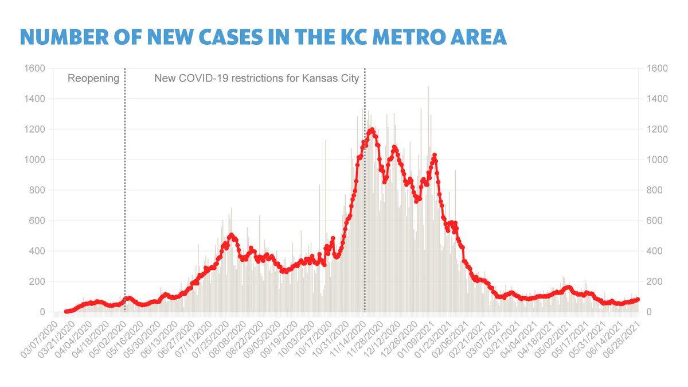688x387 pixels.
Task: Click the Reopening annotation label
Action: [93, 79]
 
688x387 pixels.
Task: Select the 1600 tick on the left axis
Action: [34, 68]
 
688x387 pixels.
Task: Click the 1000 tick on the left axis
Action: [34, 160]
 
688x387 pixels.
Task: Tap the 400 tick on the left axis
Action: [37, 251]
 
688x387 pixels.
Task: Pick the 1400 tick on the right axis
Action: [657, 99]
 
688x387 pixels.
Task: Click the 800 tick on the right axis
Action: [655, 190]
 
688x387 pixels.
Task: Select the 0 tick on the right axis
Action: [649, 312]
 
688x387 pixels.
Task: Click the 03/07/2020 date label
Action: [40, 339]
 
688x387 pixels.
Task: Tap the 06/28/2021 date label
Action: [621, 339]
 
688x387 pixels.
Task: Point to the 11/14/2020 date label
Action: [347, 339]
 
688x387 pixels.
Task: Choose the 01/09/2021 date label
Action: [416, 339]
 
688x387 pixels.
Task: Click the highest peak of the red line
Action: [372, 130]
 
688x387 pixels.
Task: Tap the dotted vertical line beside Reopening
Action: [125, 190]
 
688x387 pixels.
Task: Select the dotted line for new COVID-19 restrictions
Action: [365, 190]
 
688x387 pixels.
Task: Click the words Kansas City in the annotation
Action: [330, 79]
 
